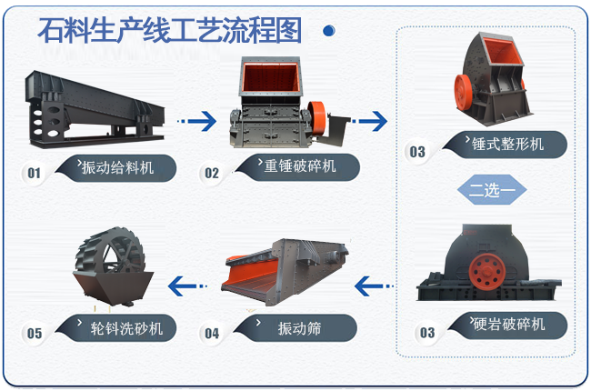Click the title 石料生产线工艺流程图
(170, 30)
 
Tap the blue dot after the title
(329, 31)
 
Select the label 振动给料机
(117, 167)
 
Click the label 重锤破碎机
(300, 165)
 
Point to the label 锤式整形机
(507, 144)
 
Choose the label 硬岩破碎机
(509, 325)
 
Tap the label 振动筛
(300, 328)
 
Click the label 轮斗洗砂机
(126, 328)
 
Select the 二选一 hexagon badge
(492, 190)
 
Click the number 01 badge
(34, 173)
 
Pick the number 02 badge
(212, 173)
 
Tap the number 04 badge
(212, 334)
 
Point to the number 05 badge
(35, 334)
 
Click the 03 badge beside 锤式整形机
(417, 152)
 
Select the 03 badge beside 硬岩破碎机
(427, 333)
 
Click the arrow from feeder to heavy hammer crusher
(196, 121)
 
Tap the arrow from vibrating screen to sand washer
(187, 286)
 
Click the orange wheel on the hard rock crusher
(487, 272)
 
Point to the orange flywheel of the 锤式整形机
(463, 93)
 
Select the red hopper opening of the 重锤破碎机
(270, 77)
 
